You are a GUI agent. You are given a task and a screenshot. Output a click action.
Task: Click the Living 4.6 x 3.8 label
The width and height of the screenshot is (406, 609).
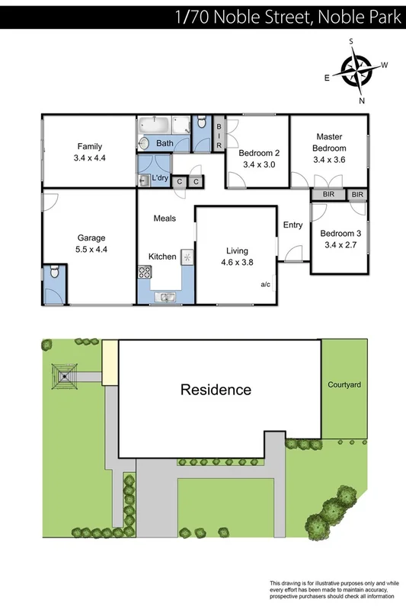point(237,256)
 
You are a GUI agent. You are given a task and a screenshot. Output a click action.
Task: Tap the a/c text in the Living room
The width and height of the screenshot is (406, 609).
point(266,285)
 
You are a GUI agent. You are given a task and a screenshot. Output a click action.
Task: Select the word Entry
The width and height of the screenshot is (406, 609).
point(293,225)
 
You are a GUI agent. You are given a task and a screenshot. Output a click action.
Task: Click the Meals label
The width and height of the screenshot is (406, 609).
point(165,218)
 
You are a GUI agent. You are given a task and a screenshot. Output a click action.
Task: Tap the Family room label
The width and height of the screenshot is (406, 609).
point(88,152)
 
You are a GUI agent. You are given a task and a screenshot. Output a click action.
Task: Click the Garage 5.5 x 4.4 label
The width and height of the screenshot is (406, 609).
point(91,243)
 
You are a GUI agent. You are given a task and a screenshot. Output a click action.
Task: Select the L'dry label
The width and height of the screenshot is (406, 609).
point(160,178)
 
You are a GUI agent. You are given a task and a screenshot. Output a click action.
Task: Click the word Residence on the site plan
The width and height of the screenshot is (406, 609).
point(216,390)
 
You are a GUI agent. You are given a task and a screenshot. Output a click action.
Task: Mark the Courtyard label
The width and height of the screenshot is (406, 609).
point(344,385)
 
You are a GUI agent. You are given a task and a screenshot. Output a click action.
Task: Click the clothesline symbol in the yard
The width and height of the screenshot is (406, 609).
point(65,376)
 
